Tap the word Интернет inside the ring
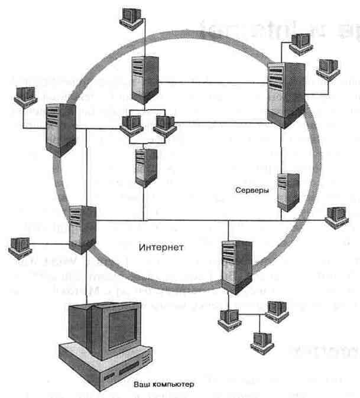click(163, 247)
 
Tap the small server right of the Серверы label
click(289, 191)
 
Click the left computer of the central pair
click(131, 123)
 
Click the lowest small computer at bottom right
click(261, 339)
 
